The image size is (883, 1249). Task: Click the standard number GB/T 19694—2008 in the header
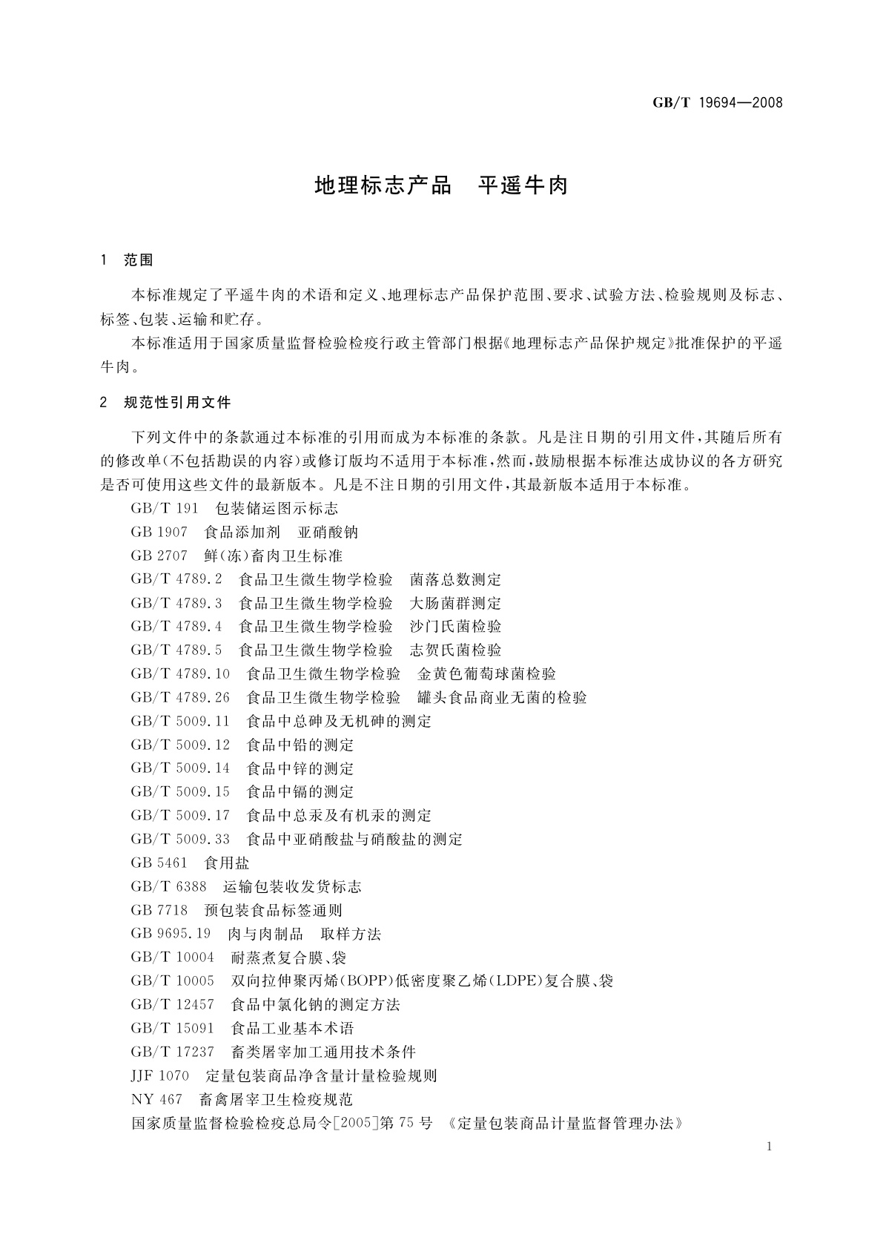coord(717,103)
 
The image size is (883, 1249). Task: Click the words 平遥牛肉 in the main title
coord(523,185)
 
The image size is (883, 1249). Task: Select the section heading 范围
coord(139,260)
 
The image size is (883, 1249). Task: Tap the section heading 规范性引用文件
coord(177,403)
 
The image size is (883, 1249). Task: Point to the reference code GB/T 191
coord(165,509)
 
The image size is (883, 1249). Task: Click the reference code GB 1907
coord(159,533)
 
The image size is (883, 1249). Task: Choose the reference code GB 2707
coord(159,556)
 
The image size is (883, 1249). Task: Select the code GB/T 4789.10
coord(180,674)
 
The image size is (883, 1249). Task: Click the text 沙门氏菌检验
coord(455,627)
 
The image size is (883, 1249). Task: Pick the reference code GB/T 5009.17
coord(180,816)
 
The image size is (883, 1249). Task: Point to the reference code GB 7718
coord(159,911)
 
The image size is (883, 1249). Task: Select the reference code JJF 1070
coord(160,1076)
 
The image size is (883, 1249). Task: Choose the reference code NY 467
coord(156,1100)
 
